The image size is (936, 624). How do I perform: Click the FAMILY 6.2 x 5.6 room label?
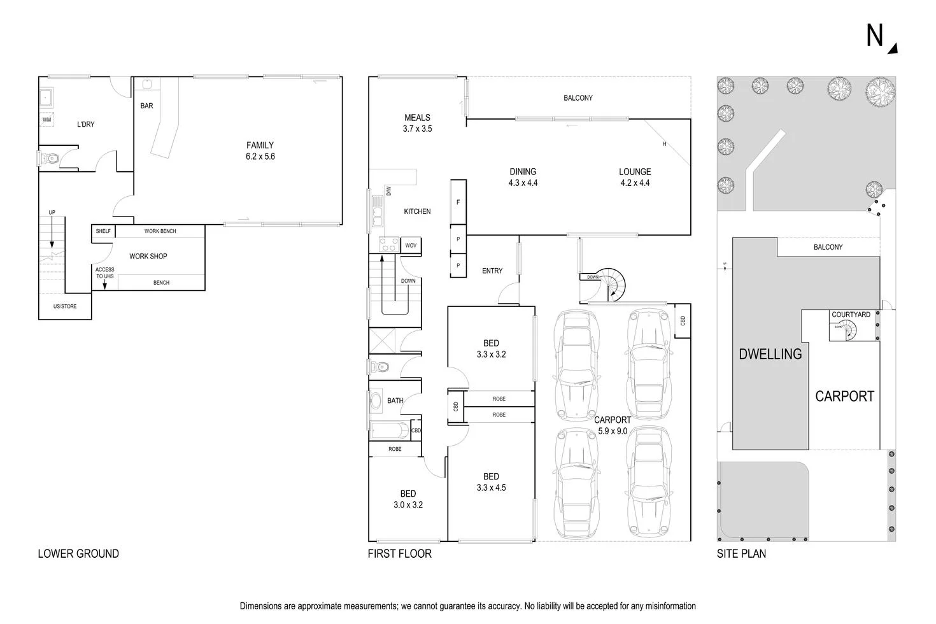[x=260, y=151]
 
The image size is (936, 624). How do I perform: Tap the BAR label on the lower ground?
[x=146, y=106]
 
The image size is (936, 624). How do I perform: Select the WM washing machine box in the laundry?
[x=46, y=120]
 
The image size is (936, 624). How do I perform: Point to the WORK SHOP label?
[x=148, y=257]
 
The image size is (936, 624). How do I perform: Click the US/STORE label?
[x=64, y=307]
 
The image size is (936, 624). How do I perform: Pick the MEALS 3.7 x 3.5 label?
[x=417, y=123]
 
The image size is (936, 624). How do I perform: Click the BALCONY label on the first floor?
[x=578, y=98]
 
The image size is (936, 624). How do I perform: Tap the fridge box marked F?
[x=458, y=202]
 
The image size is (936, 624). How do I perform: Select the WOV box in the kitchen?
[x=411, y=246]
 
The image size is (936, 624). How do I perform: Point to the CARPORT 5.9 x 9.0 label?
[x=612, y=425]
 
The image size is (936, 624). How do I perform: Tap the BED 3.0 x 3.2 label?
[x=408, y=499]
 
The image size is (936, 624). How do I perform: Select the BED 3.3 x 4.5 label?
[x=491, y=482]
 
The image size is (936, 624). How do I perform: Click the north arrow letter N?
[x=874, y=36]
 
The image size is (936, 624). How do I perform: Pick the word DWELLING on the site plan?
[x=770, y=354]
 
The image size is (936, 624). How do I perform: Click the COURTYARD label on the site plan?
[x=851, y=315]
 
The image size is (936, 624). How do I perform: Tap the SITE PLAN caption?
[x=741, y=554]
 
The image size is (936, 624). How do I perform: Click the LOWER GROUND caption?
[x=78, y=554]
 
